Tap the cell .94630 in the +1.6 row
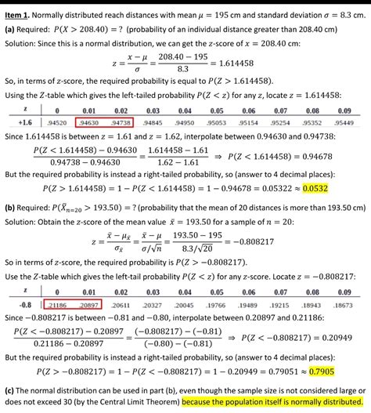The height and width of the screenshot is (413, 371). [89, 122]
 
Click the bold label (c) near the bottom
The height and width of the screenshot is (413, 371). [11, 390]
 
